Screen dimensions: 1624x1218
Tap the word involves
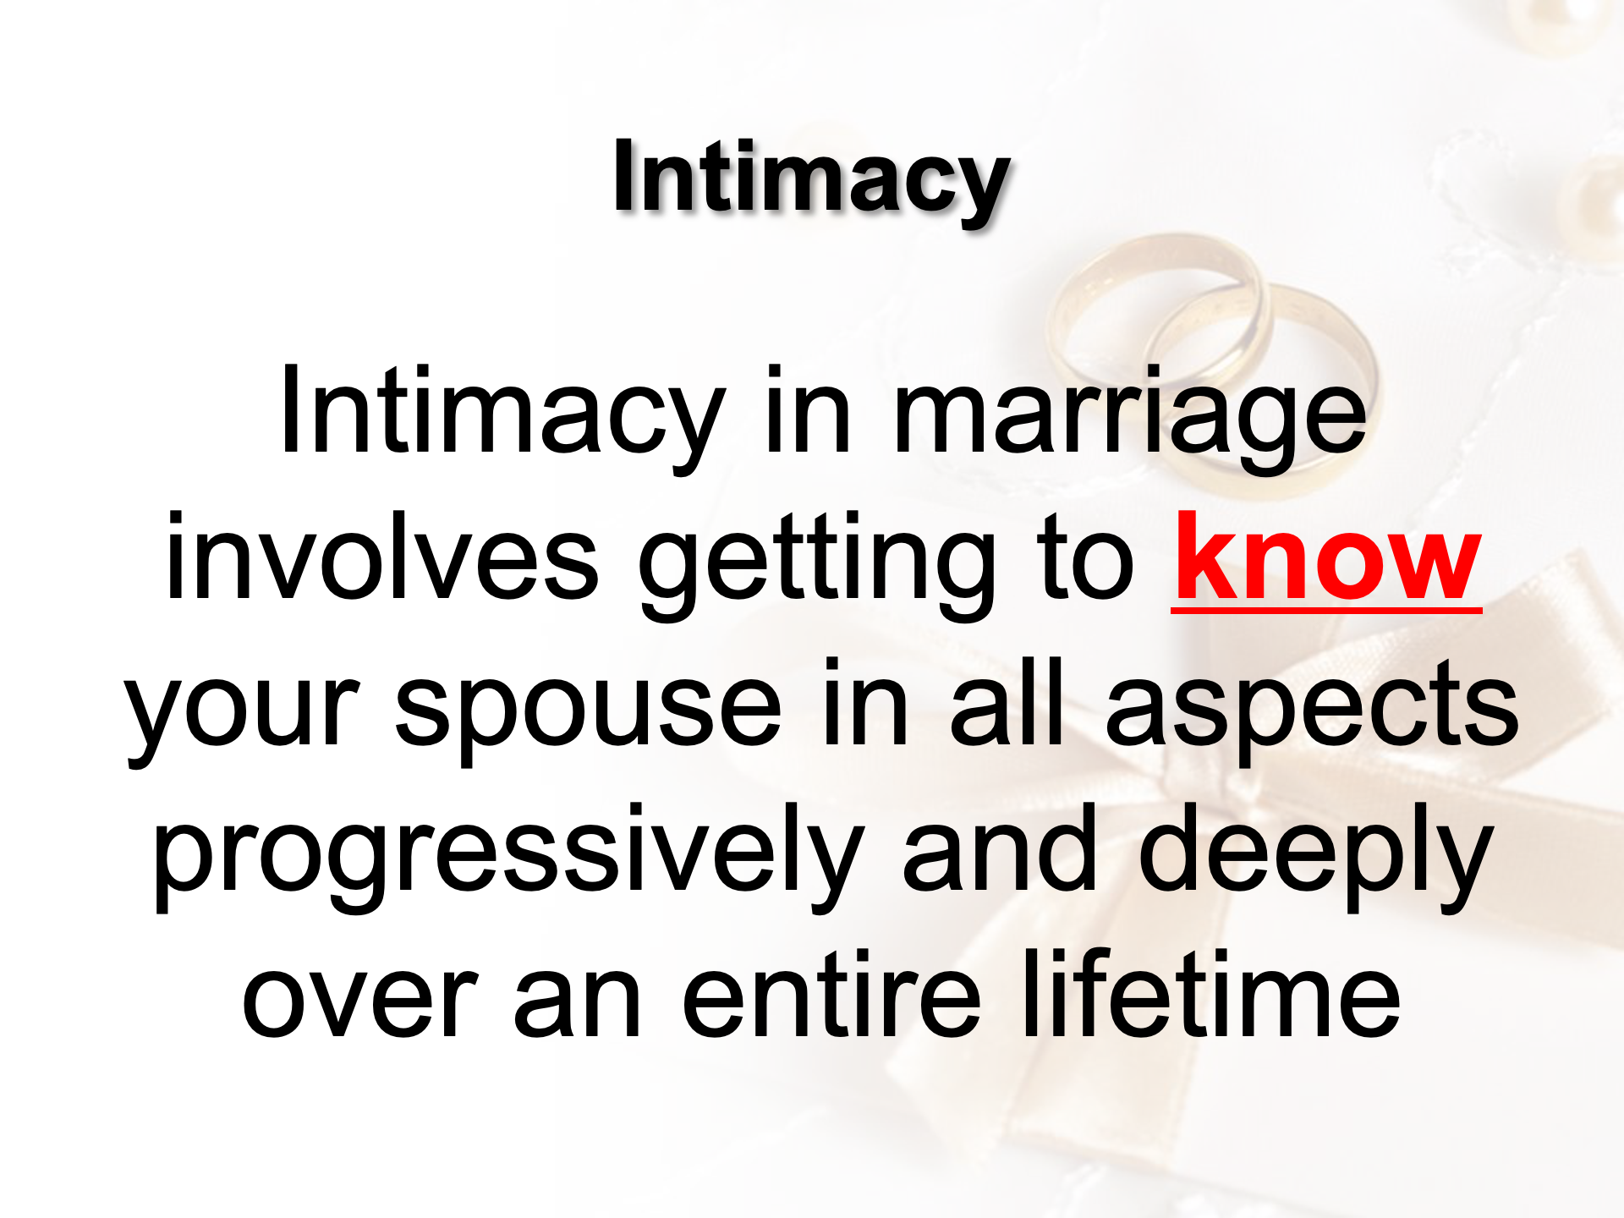pyautogui.click(x=382, y=558)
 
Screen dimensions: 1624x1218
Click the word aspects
pyautogui.click(x=1312, y=706)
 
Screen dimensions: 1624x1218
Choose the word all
pyautogui.click(x=1007, y=703)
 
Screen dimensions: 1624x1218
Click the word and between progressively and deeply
pyautogui.click(x=1000, y=848)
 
